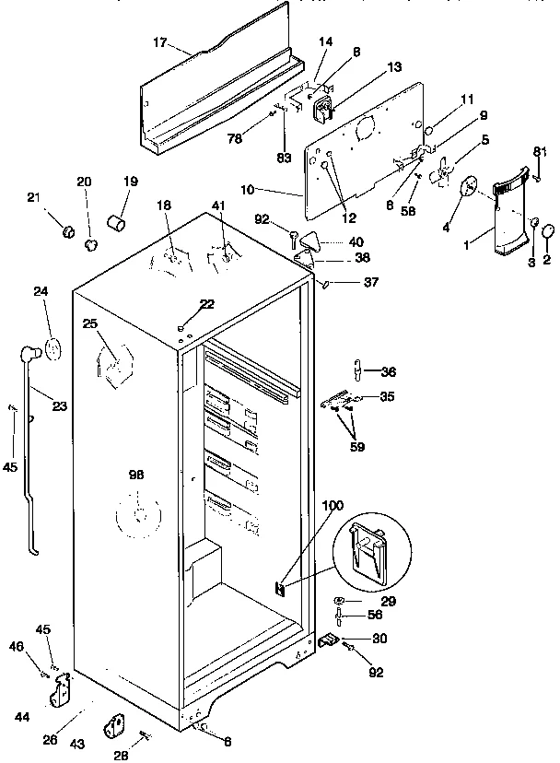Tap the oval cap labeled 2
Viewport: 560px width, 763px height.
546,230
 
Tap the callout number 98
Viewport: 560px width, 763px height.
136,475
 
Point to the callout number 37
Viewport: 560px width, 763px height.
370,282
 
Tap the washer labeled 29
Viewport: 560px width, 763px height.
341,602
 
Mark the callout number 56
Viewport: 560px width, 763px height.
376,615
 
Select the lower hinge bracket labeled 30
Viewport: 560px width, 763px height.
329,638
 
